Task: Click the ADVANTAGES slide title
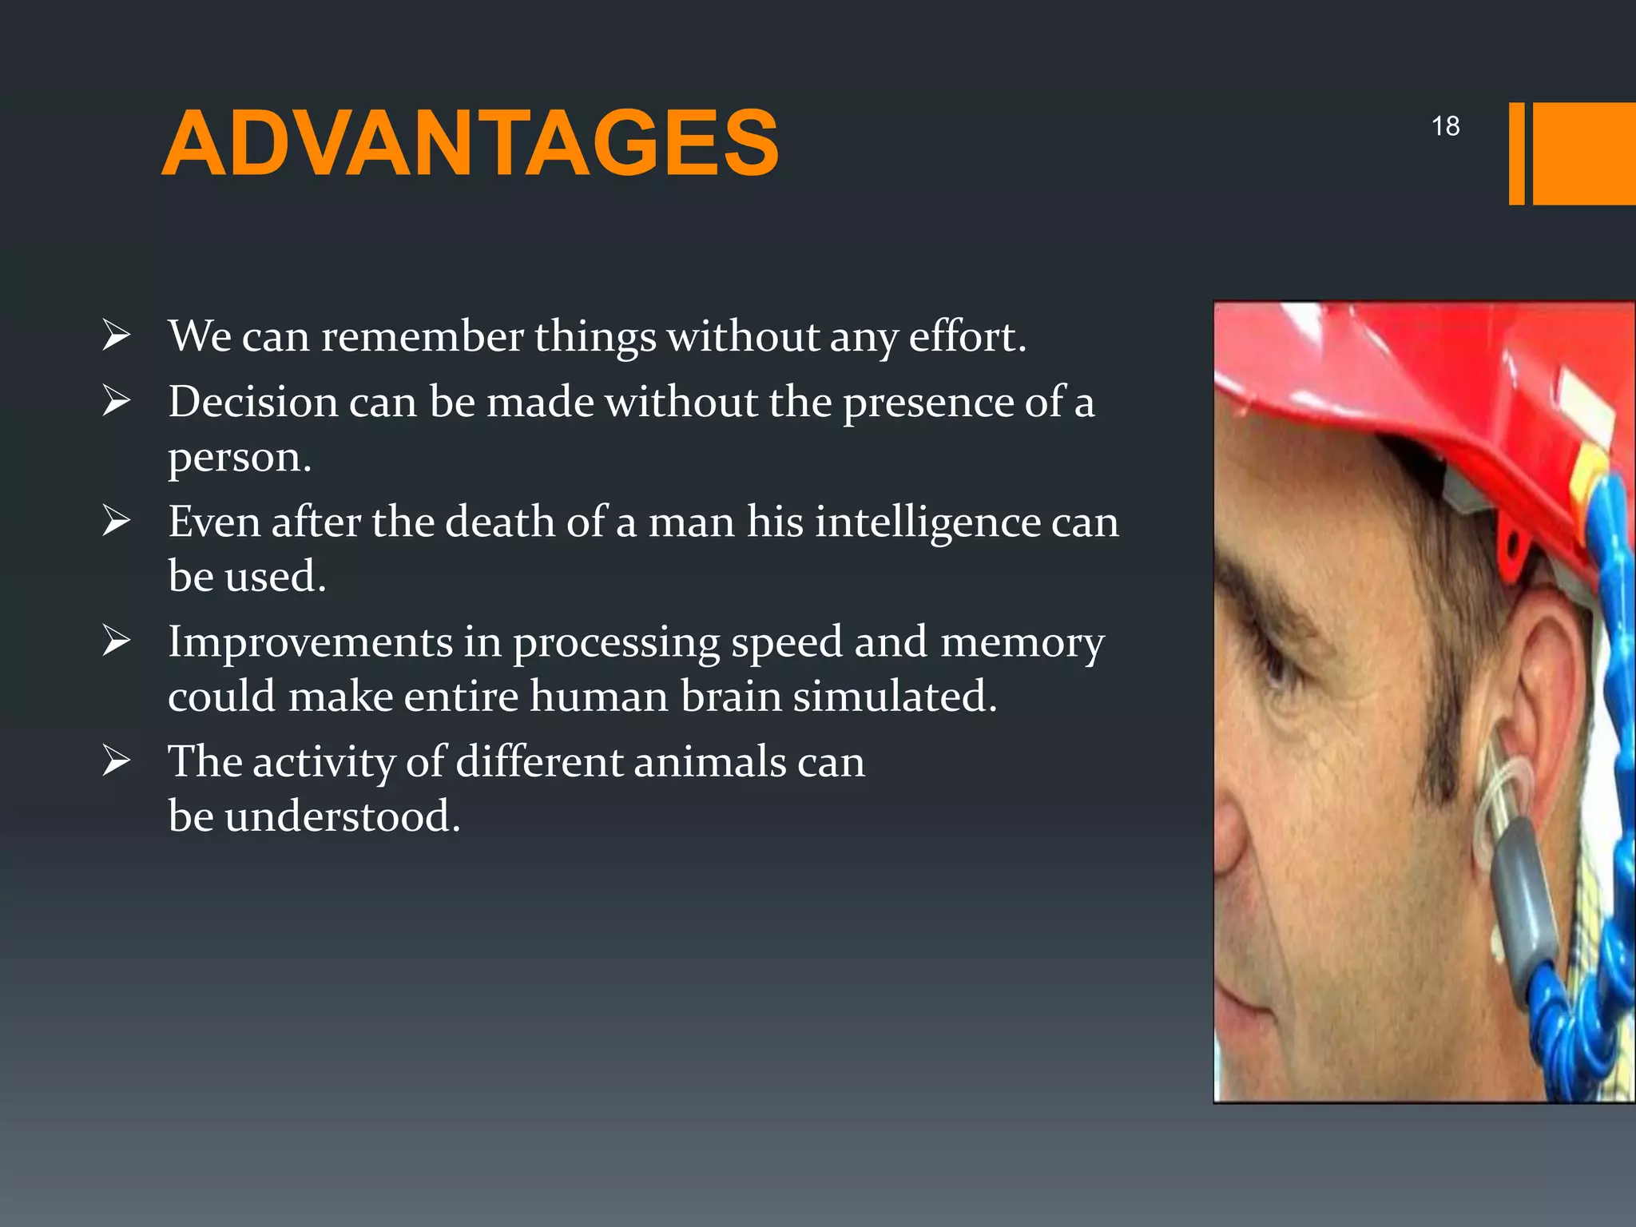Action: point(470,144)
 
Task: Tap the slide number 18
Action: point(1445,126)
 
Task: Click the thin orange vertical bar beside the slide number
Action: point(1516,153)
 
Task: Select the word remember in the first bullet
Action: point(422,336)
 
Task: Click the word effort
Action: point(967,336)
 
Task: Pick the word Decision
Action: point(252,401)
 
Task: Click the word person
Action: point(238,458)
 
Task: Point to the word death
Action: point(499,522)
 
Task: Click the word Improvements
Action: point(310,642)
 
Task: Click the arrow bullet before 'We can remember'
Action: point(117,336)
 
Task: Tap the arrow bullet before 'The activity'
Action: point(117,761)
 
